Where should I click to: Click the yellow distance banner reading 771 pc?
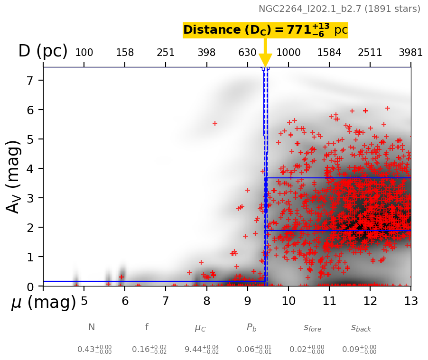[x=265, y=30]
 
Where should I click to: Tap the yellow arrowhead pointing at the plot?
[x=265, y=60]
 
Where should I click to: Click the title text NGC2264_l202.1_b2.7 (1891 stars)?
[x=339, y=9]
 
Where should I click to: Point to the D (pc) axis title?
[x=43, y=51]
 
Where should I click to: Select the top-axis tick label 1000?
[x=288, y=53]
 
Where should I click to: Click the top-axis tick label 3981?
[x=410, y=53]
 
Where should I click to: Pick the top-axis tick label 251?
[x=166, y=53]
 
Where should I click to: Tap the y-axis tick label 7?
[x=30, y=81]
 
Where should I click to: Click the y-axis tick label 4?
[x=30, y=168]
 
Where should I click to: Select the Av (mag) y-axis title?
[x=14, y=176]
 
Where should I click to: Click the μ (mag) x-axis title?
[x=43, y=303]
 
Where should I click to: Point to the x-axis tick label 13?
[x=410, y=301]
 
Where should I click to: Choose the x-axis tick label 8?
[x=206, y=301]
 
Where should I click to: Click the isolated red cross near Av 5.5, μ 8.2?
[x=214, y=123]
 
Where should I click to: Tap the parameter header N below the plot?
[x=92, y=327]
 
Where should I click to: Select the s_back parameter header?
[x=361, y=328]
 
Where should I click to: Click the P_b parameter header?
[x=252, y=328]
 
